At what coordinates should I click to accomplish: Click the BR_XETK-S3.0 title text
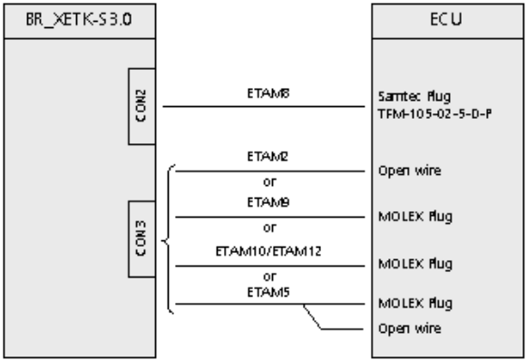click(79, 20)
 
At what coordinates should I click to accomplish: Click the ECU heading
click(446, 19)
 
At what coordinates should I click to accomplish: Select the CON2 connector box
click(141, 106)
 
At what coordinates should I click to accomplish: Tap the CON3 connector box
click(141, 238)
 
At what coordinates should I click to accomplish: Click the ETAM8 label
click(268, 93)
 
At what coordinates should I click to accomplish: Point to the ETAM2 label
click(268, 156)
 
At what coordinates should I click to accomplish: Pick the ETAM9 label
click(268, 202)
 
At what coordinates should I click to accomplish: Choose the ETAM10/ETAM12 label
click(268, 251)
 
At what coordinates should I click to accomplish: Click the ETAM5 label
click(268, 292)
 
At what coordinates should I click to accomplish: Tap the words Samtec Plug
click(414, 97)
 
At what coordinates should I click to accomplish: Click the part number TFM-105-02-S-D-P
click(434, 114)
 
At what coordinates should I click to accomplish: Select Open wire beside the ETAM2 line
click(410, 170)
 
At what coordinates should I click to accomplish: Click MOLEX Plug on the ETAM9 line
click(415, 217)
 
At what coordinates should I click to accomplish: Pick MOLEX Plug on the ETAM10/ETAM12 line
click(415, 264)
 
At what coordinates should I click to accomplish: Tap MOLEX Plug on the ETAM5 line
click(415, 303)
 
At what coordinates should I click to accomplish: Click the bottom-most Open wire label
click(410, 328)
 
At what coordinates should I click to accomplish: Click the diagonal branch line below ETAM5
click(312, 316)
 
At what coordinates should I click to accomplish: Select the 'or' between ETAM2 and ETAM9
click(269, 182)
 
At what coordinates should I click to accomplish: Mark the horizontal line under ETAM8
click(264, 106)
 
